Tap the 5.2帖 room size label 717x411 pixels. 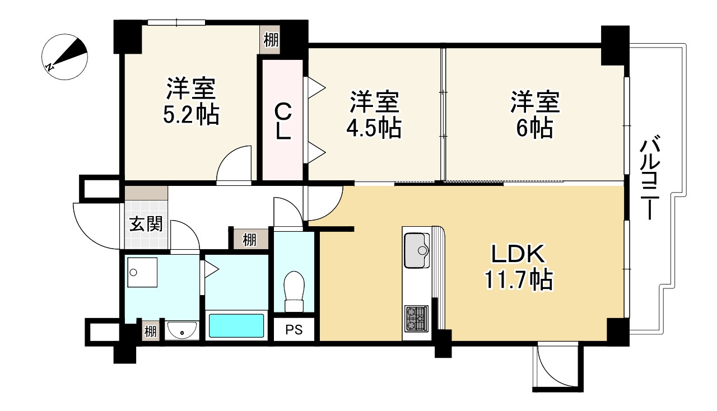tap(191, 115)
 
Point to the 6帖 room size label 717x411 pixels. tap(534, 129)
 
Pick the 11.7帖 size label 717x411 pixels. tap(519, 279)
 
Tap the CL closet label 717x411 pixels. tap(283, 123)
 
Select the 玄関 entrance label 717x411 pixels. tap(147, 225)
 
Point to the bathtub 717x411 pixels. tap(236, 325)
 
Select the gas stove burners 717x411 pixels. tap(416, 318)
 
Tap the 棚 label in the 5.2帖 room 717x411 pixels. tap(271, 40)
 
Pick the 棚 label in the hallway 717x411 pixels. tap(249, 240)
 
